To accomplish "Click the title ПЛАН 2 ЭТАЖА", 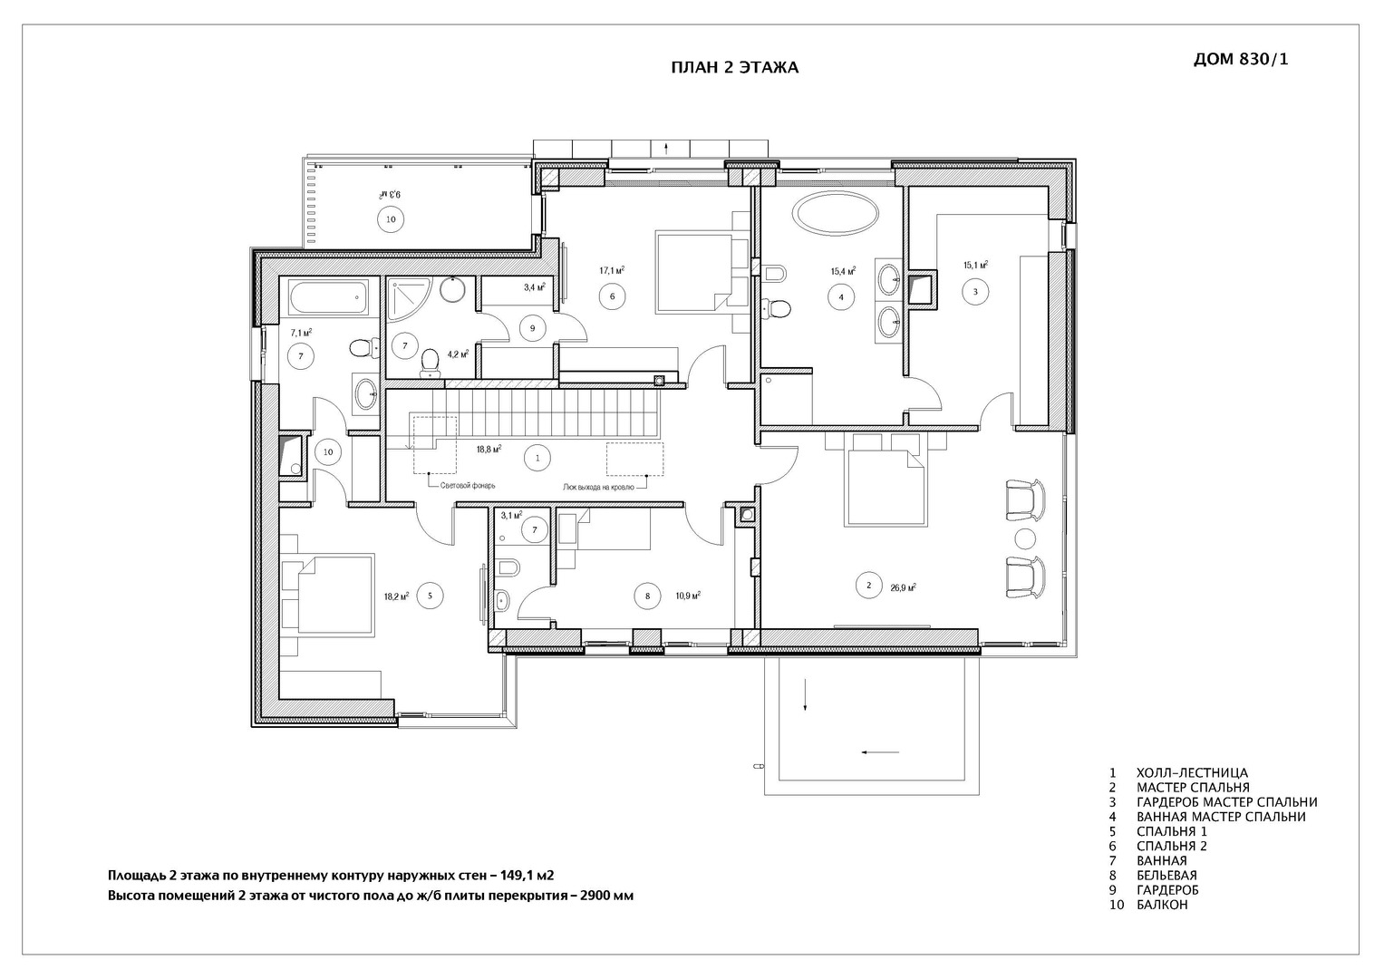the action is click(735, 67).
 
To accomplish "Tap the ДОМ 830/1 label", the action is click(1241, 59).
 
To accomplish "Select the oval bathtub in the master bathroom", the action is click(836, 213).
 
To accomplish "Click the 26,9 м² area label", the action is click(903, 587).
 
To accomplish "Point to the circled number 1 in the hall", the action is click(537, 458).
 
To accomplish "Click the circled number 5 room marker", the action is click(430, 596).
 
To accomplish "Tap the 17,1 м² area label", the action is click(612, 270).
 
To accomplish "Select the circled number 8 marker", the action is click(647, 596).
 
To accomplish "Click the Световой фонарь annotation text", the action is click(468, 486).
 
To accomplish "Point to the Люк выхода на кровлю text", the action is click(598, 487).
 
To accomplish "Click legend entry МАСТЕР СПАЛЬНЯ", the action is click(1193, 788).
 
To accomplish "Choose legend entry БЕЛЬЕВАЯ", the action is click(1166, 875).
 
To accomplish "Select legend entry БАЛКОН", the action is click(1162, 905).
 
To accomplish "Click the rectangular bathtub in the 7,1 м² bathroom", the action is click(328, 298).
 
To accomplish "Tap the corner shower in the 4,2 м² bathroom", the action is click(408, 300).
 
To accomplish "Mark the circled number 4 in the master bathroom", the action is click(841, 296).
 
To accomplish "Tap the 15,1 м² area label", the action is click(975, 265).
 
